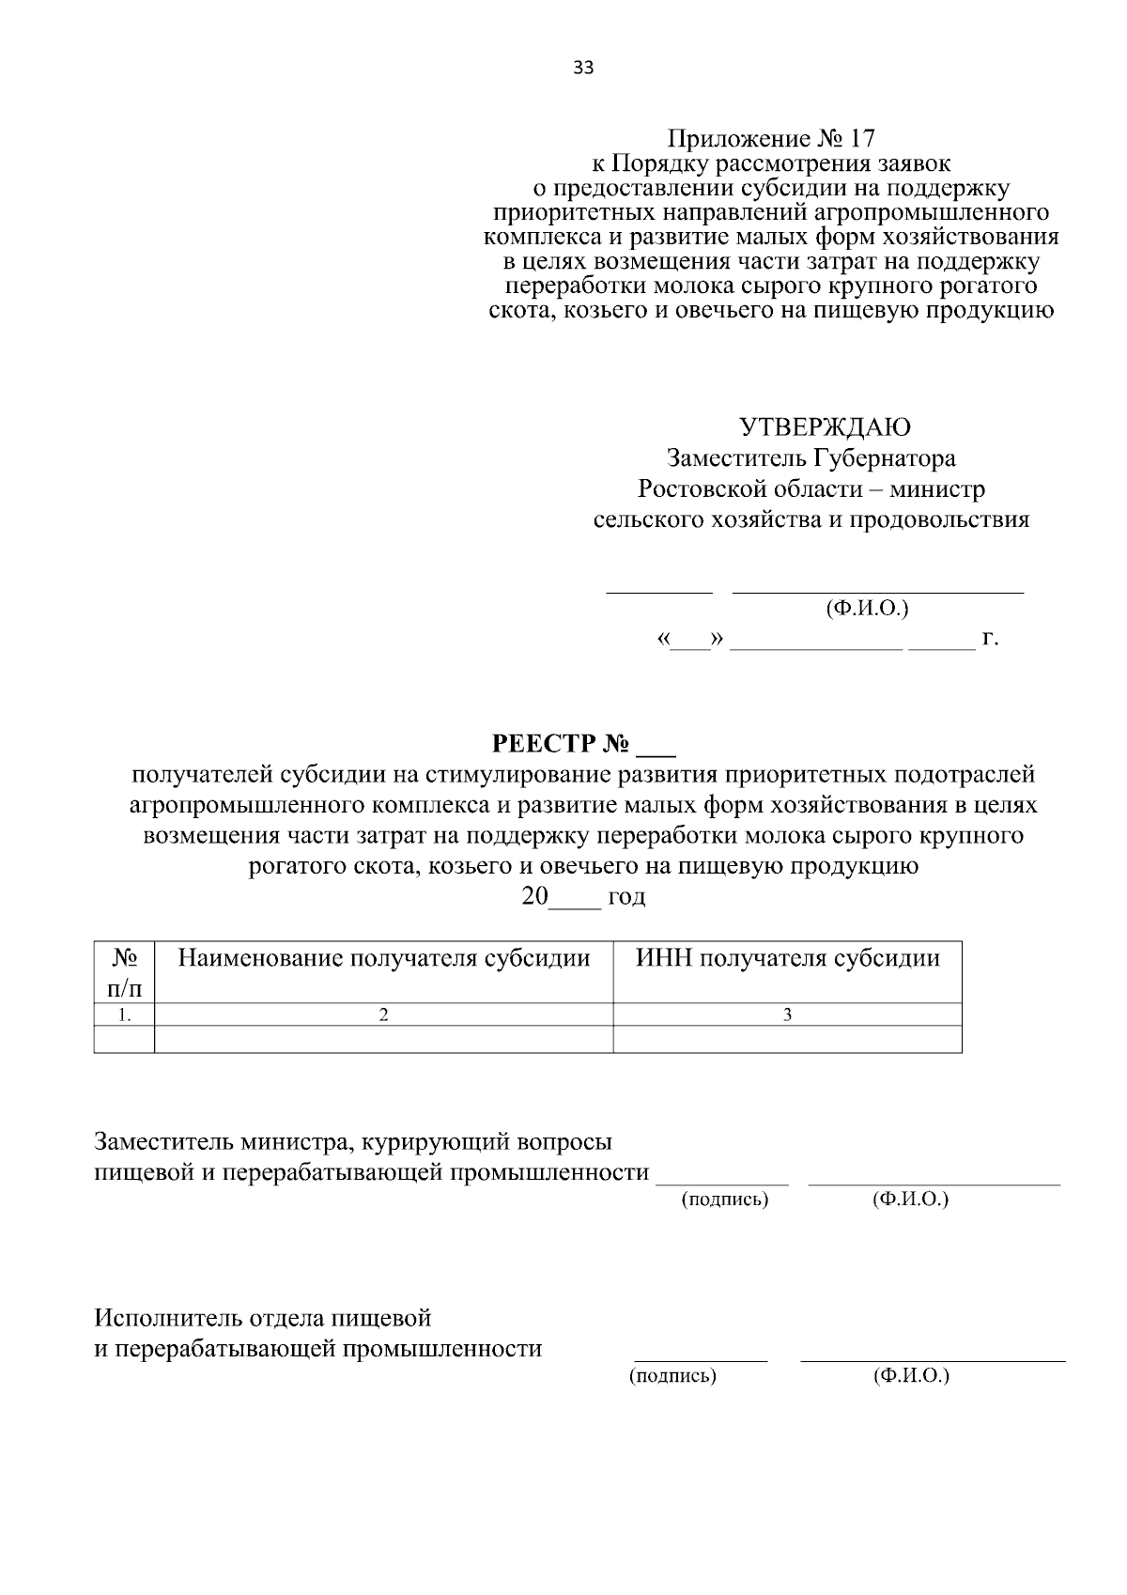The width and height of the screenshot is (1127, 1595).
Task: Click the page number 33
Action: [582, 68]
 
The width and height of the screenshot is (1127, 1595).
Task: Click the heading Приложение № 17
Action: [770, 140]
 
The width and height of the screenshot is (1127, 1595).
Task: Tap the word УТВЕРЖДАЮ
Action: [826, 427]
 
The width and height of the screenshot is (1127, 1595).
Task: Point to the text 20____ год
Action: [583, 896]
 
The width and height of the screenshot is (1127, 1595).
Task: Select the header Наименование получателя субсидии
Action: [384, 958]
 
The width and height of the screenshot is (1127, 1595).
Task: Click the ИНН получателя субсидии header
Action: [787, 958]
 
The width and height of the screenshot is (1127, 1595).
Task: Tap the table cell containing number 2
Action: [383, 1014]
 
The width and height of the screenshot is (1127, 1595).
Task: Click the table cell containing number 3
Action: [787, 1014]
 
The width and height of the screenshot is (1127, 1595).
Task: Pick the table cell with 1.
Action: [124, 1014]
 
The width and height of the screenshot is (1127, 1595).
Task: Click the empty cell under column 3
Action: [787, 1039]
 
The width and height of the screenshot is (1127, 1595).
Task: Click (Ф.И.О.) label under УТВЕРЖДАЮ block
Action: [867, 609]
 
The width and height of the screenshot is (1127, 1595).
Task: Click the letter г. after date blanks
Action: [990, 639]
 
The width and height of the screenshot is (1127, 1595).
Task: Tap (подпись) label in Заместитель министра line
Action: [724, 1200]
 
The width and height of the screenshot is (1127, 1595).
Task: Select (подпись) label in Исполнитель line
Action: [672, 1376]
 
